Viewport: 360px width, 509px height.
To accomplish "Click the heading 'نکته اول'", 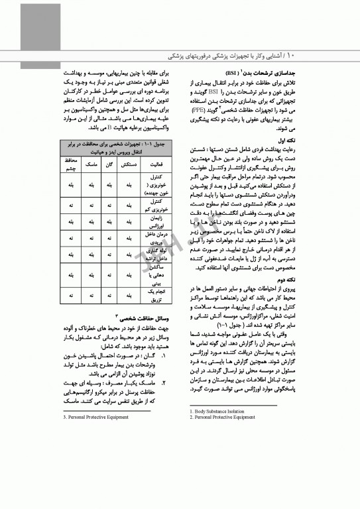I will pyautogui.click(x=313, y=141).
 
